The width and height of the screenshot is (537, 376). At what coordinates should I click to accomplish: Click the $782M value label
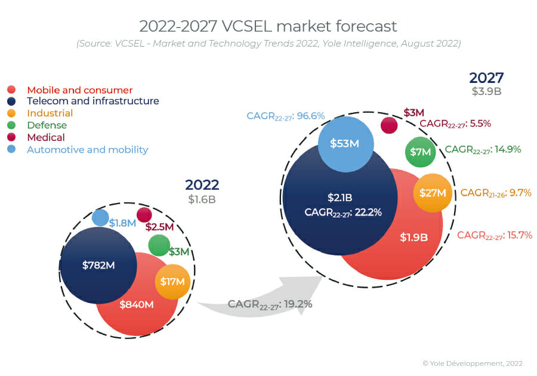pyautogui.click(x=98, y=265)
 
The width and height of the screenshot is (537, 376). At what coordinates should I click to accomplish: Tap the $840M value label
pyautogui.click(x=137, y=304)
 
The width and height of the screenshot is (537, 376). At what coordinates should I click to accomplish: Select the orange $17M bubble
pyautogui.click(x=172, y=282)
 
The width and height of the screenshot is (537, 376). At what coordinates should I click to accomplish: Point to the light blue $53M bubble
pyautogui.click(x=346, y=143)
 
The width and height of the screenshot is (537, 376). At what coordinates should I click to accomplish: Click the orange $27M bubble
pyautogui.click(x=433, y=193)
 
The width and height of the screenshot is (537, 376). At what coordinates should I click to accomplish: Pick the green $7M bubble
pyautogui.click(x=421, y=152)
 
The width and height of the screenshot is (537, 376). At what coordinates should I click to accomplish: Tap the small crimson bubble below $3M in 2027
pyautogui.click(x=389, y=125)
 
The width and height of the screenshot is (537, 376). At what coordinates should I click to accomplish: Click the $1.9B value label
pyautogui.click(x=414, y=237)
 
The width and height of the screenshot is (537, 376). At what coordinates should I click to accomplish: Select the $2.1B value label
pyautogui.click(x=340, y=198)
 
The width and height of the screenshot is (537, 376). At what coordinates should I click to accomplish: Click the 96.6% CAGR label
pyautogui.click(x=286, y=115)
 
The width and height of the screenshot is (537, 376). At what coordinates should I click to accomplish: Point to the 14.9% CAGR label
pyautogui.click(x=483, y=149)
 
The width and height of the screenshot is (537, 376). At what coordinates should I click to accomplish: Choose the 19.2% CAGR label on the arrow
pyautogui.click(x=270, y=304)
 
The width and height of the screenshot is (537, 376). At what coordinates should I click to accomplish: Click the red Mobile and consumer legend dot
pyautogui.click(x=11, y=90)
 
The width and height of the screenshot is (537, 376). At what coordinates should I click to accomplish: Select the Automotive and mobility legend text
pyautogui.click(x=87, y=149)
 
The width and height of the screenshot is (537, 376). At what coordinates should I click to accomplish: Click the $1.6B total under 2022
pyautogui.click(x=202, y=199)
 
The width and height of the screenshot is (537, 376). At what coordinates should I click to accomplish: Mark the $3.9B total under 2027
pyautogui.click(x=486, y=91)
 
